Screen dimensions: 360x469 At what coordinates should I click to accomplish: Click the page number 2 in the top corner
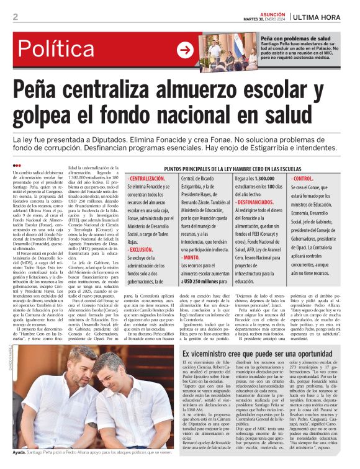[16, 17]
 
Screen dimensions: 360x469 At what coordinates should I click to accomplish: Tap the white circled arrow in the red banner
[185, 50]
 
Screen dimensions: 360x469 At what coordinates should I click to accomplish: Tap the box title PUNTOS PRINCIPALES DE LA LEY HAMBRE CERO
[233, 169]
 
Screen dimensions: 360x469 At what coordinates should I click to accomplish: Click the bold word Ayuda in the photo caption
[19, 454]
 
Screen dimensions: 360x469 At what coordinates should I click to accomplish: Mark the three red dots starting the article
[17, 166]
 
